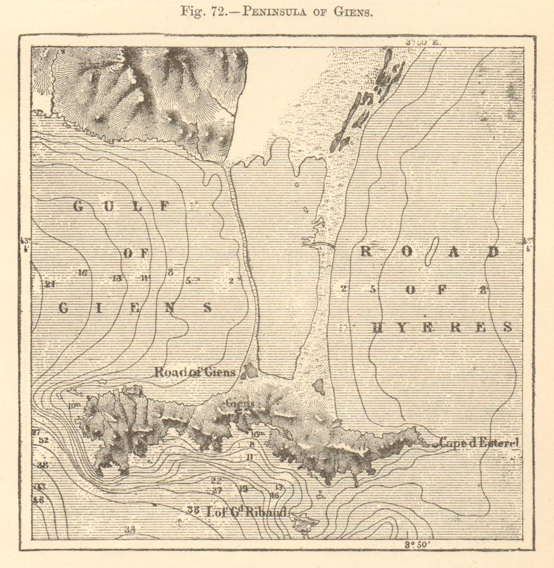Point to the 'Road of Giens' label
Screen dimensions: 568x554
pyautogui.click(x=194, y=372)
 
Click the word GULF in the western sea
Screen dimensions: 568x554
pyautogui.click(x=122, y=207)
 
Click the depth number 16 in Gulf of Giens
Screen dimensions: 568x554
pyautogui.click(x=82, y=273)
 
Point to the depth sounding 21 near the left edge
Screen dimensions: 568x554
pyautogui.click(x=50, y=285)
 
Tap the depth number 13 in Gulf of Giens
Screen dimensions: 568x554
pyautogui.click(x=117, y=278)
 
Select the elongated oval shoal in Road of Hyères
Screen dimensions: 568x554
pyautogui.click(x=431, y=252)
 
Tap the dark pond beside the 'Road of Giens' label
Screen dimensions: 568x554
pyautogui.click(x=249, y=371)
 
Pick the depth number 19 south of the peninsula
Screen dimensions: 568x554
pyautogui.click(x=243, y=488)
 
